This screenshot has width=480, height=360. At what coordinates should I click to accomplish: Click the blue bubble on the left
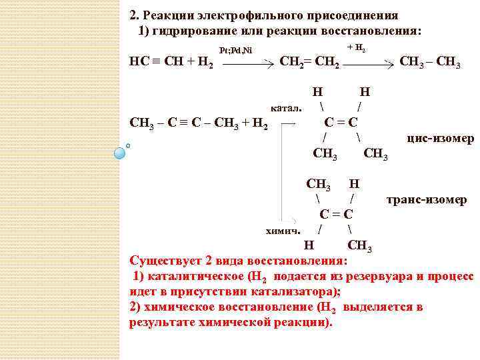120,153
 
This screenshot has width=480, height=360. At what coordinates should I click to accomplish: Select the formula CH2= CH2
311,63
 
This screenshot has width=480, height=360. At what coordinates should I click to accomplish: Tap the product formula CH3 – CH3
430,62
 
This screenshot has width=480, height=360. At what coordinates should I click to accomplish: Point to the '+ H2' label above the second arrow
357,48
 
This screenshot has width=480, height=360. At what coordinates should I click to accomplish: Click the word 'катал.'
287,107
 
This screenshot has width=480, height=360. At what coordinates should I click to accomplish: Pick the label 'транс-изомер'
427,199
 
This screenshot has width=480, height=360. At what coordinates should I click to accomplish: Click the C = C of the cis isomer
341,122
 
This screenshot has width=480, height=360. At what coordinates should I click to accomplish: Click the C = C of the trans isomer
336,214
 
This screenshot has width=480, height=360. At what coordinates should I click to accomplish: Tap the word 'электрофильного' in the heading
244,15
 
